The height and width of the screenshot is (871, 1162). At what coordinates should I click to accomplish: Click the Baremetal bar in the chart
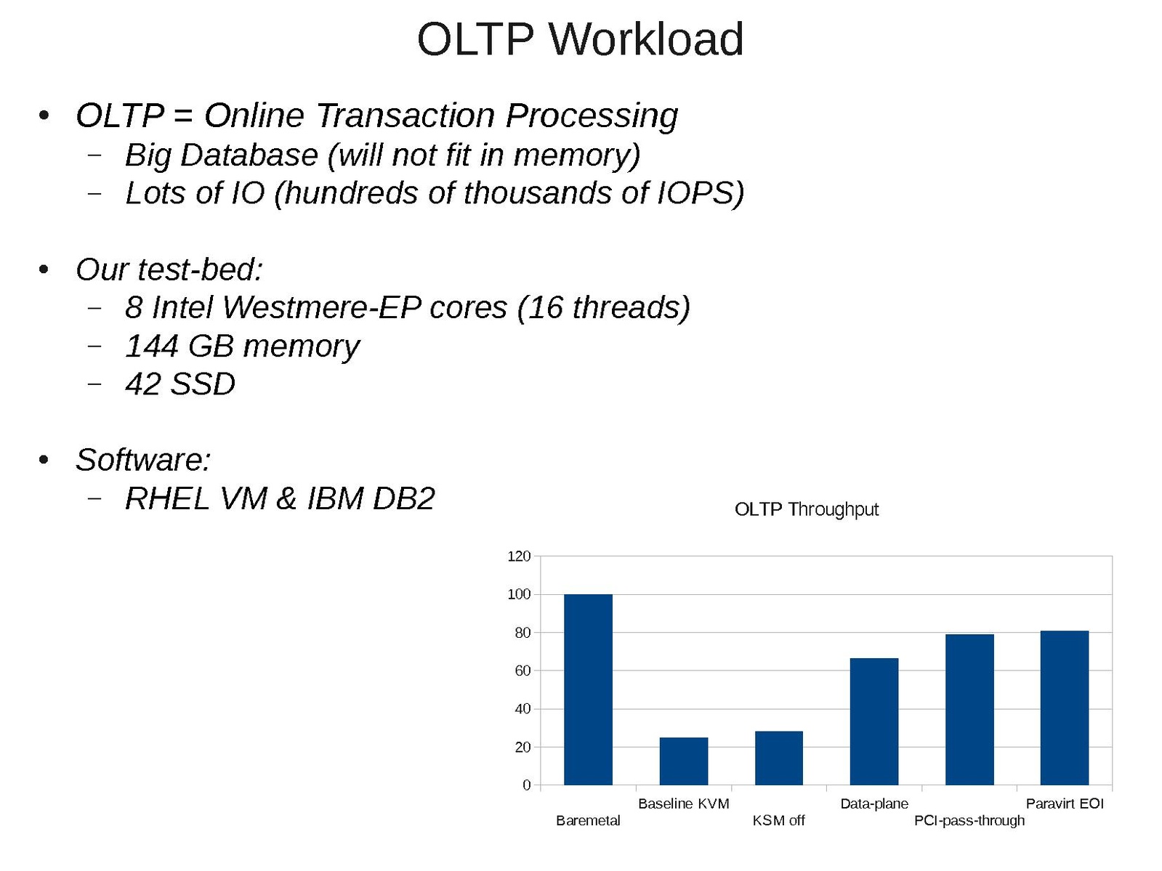tap(588, 689)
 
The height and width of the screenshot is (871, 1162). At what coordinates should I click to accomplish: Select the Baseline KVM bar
tap(683, 761)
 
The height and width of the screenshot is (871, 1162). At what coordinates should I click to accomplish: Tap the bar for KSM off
tap(779, 758)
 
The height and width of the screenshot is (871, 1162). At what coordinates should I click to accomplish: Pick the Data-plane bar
tap(874, 722)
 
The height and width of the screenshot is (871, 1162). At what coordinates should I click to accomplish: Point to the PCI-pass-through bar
tap(969, 710)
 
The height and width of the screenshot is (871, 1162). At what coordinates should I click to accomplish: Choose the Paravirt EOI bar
tap(1065, 708)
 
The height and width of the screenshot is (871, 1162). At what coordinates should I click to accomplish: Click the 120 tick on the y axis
tap(519, 556)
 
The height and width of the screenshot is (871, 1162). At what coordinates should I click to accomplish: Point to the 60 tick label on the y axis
tap(523, 671)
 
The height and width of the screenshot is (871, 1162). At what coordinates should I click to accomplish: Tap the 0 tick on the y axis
tap(526, 785)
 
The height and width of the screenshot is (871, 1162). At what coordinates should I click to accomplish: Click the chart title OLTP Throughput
tap(806, 509)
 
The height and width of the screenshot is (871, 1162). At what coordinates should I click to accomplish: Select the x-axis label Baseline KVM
tap(683, 803)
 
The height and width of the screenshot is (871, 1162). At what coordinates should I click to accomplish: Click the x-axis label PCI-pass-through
tap(969, 821)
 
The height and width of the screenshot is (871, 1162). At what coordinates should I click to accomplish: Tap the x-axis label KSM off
tap(778, 821)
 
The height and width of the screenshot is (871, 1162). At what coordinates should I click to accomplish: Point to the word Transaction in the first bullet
tap(406, 115)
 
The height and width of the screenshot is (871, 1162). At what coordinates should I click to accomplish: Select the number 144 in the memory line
tap(151, 346)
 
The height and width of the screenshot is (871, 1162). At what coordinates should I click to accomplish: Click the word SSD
tap(203, 384)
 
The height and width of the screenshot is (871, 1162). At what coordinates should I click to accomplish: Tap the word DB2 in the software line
tap(403, 498)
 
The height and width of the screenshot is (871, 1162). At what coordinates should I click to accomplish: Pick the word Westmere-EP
tap(322, 307)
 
